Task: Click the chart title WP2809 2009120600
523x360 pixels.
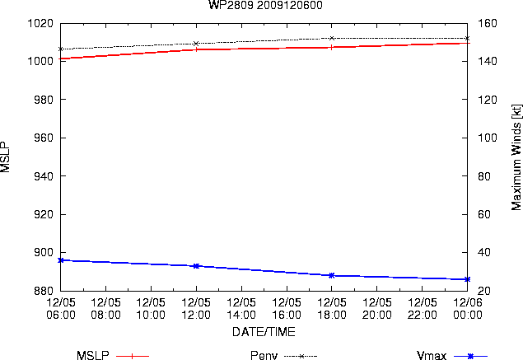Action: pyautogui.click(x=265, y=5)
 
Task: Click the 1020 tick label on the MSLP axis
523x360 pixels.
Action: pyautogui.click(x=40, y=23)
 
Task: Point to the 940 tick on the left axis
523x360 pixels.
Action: pyautogui.click(x=44, y=175)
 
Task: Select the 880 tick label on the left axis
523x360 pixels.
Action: pyautogui.click(x=44, y=291)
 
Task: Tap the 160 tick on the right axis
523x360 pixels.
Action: pyautogui.click(x=488, y=23)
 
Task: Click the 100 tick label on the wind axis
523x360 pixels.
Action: pyautogui.click(x=488, y=138)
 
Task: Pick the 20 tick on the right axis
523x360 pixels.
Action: pyautogui.click(x=484, y=291)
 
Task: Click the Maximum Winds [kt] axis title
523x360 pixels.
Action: pyautogui.click(x=516, y=157)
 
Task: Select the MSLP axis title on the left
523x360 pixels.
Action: pyautogui.click(x=5, y=157)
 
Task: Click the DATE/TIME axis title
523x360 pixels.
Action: pyautogui.click(x=264, y=332)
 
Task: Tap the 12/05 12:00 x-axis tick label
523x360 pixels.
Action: pyautogui.click(x=196, y=309)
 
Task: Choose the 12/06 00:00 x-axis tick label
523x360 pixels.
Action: pyautogui.click(x=468, y=309)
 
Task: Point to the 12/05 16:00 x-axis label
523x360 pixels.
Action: pyautogui.click(x=287, y=309)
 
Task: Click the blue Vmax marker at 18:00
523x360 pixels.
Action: pyautogui.click(x=332, y=276)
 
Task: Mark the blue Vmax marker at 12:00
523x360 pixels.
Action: pyautogui.click(x=196, y=266)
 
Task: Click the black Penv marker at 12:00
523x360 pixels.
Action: pyautogui.click(x=196, y=44)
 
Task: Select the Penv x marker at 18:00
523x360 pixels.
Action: pyautogui.click(x=332, y=39)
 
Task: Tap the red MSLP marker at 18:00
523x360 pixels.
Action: pyautogui.click(x=332, y=48)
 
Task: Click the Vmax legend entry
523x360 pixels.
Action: pyautogui.click(x=452, y=356)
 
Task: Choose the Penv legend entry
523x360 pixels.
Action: pyautogui.click(x=283, y=356)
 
